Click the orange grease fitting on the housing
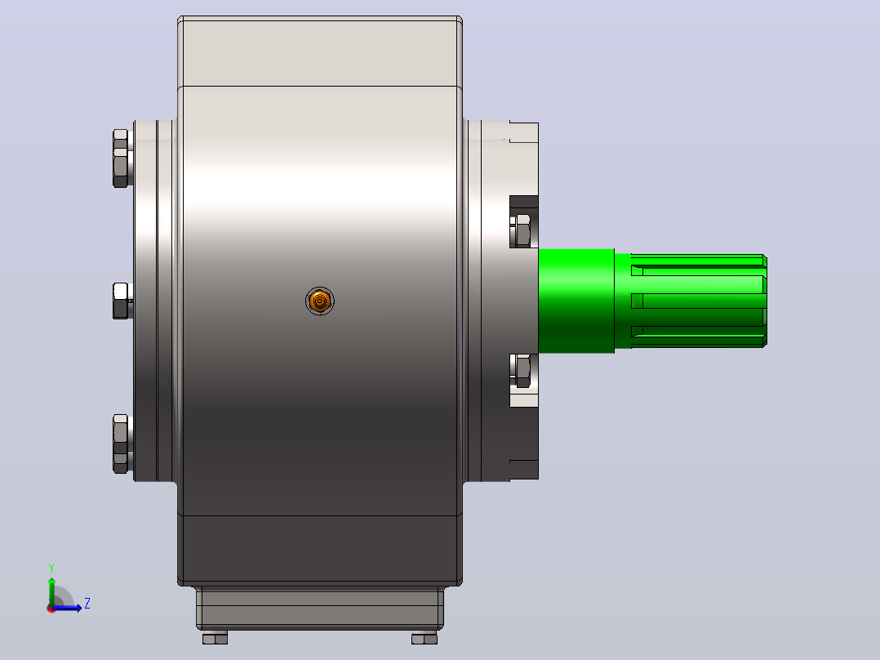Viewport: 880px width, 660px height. point(320,301)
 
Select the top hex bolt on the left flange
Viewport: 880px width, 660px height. point(121,158)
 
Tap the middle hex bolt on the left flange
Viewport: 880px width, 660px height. point(122,301)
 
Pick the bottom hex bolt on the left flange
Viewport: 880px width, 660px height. point(121,444)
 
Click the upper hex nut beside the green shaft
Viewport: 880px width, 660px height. point(522,230)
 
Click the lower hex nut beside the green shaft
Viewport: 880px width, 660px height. point(522,371)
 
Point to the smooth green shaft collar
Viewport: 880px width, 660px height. point(576,301)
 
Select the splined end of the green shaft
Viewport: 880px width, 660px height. point(691,301)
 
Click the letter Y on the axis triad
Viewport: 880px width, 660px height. point(51,569)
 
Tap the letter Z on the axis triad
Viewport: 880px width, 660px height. point(87,604)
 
